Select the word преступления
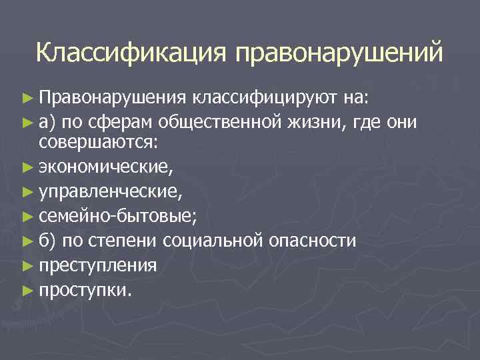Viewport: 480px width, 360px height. tap(98, 265)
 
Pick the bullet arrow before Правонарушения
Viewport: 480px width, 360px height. tap(28, 99)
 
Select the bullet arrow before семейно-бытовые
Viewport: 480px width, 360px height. tap(28, 216)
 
